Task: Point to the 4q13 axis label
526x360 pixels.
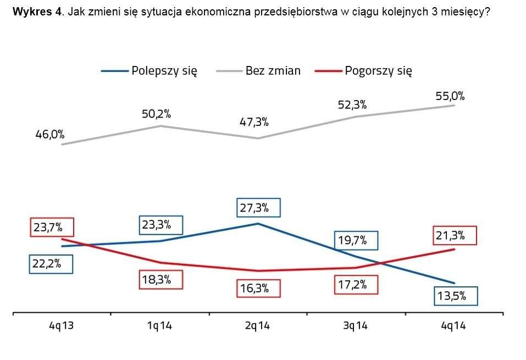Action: point(60,326)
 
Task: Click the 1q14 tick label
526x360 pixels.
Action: point(159,326)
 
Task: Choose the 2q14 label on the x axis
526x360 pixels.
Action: point(257,326)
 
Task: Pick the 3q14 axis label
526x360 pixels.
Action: point(355,326)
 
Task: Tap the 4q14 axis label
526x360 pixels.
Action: point(453,326)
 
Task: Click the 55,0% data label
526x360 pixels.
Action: point(450,96)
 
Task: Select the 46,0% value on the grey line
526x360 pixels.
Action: point(50,134)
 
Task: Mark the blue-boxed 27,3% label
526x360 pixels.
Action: point(258,208)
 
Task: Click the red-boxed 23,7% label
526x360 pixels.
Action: point(52,227)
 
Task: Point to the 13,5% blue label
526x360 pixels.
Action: point(455,296)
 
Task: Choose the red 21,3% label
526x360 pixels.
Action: point(454,236)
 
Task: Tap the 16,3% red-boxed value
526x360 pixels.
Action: point(258,289)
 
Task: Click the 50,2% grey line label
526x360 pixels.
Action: point(156,115)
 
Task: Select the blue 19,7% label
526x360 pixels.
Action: point(356,240)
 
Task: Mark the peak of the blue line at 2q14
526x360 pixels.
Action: point(258,224)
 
